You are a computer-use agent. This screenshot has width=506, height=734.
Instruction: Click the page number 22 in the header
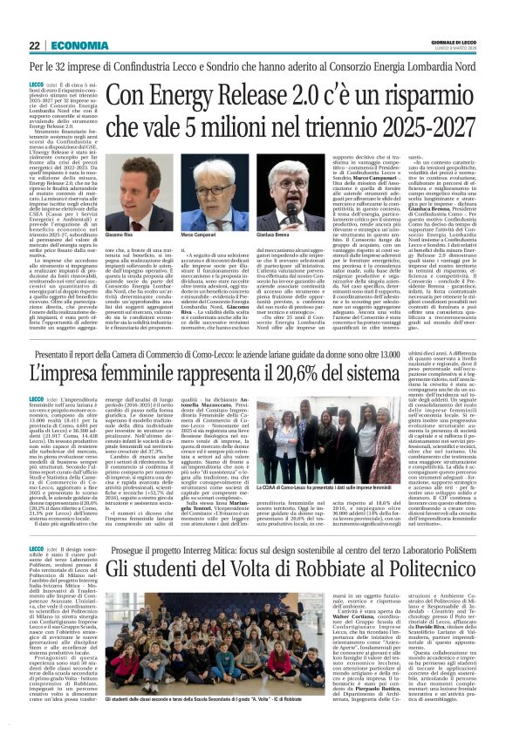35,45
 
